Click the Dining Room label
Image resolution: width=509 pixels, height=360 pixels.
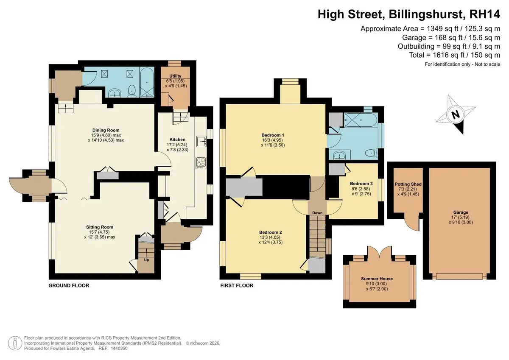tap(106, 130)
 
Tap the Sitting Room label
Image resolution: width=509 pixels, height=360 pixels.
tap(100, 227)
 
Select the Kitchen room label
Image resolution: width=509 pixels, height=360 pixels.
tap(177, 140)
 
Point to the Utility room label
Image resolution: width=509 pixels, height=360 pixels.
tap(175, 76)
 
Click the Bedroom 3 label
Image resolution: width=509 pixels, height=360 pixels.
tap(361, 184)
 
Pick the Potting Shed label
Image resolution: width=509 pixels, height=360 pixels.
tap(408, 184)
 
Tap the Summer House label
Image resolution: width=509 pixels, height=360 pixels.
tap(377, 279)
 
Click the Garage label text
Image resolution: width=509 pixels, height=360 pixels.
tap(461, 212)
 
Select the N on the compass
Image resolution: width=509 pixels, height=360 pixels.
tap(455, 114)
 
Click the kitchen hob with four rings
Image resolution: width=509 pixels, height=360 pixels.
tap(201, 163)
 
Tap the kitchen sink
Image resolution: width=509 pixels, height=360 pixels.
tap(201, 141)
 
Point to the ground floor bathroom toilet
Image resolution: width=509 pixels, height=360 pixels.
tap(132, 91)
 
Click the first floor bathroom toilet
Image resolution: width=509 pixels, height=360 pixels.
tap(372, 153)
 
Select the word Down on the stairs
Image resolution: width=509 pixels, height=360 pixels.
tap(317, 213)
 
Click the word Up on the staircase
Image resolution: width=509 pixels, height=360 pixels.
tap(146, 260)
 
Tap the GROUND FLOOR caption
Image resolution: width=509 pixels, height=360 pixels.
tap(69, 285)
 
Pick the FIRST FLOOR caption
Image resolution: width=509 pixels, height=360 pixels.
tap(237, 285)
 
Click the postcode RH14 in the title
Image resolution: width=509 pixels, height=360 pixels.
tap(484, 14)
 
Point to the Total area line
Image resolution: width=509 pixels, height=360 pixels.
tap(454, 55)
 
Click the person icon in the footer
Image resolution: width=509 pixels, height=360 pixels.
tap(15, 343)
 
